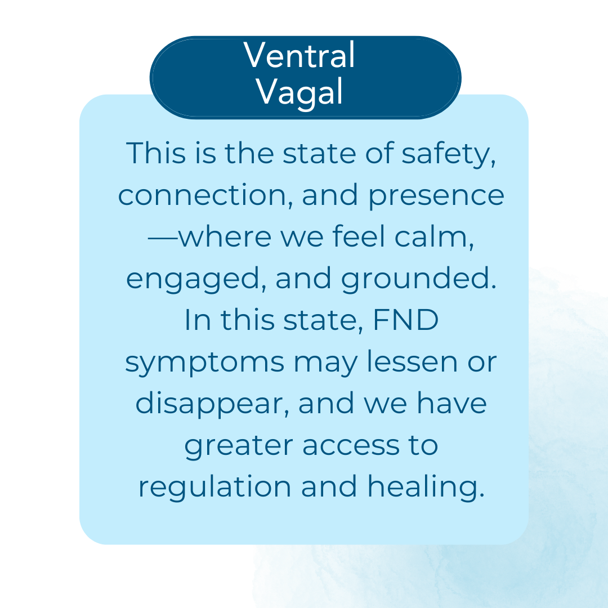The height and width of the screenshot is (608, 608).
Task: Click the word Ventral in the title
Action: [299, 55]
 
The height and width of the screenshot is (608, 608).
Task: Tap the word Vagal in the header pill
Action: [299, 92]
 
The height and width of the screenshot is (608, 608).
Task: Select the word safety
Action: [449, 154]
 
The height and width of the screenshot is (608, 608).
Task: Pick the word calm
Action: [434, 237]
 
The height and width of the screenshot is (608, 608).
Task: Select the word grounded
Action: [419, 279]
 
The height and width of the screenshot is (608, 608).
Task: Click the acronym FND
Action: [405, 320]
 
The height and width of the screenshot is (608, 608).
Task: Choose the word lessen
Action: [412, 361]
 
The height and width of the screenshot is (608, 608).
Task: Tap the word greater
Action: [239, 446]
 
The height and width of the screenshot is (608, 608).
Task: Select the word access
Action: [351, 446]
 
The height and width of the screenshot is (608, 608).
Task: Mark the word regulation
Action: [215, 488]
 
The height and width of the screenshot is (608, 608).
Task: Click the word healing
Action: [426, 488]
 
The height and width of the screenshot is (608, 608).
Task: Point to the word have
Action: [451, 403]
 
